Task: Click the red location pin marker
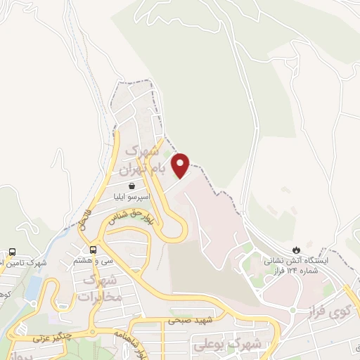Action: pos(181,165)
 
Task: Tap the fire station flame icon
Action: pos(296,250)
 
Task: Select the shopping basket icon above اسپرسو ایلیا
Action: pos(132,188)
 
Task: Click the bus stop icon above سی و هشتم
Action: pos(94,250)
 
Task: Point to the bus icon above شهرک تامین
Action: pos(13,252)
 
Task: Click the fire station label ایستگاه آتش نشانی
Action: pos(291,265)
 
